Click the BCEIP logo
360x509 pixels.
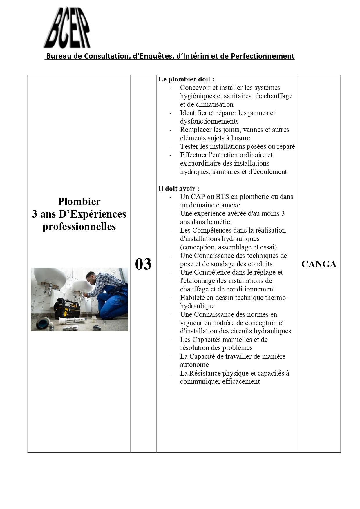tap(67, 28)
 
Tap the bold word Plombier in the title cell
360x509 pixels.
tap(79, 201)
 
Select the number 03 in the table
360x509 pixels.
tap(143, 264)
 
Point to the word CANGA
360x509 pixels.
tap(319, 264)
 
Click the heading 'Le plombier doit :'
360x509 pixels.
tap(186, 79)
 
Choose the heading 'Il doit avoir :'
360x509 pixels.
tap(179, 189)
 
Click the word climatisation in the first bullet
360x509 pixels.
tap(215, 104)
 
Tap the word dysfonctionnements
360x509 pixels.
tap(209, 121)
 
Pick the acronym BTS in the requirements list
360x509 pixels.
tap(222, 197)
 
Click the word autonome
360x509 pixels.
tap(194, 365)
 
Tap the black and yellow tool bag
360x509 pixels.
tap(67, 308)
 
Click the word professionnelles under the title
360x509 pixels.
tap(79, 227)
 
